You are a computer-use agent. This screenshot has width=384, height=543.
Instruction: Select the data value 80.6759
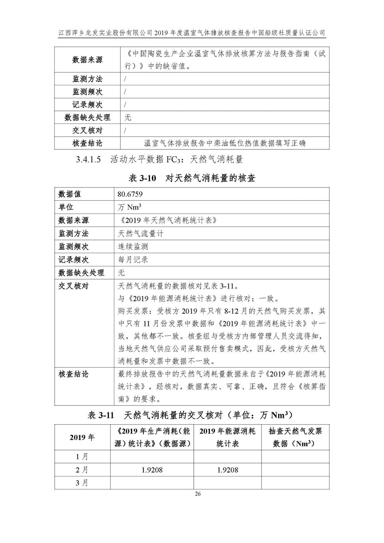point(130,194)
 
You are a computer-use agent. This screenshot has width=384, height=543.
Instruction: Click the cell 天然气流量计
point(141,234)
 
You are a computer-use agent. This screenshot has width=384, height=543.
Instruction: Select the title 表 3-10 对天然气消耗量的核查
point(192,178)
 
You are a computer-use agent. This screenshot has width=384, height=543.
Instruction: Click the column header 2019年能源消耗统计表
point(227,437)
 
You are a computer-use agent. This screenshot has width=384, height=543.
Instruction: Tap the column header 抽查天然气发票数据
point(295,437)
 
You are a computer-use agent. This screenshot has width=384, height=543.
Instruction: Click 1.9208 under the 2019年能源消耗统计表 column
point(227,470)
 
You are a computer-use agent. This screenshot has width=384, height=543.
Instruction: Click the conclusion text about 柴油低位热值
point(225,143)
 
